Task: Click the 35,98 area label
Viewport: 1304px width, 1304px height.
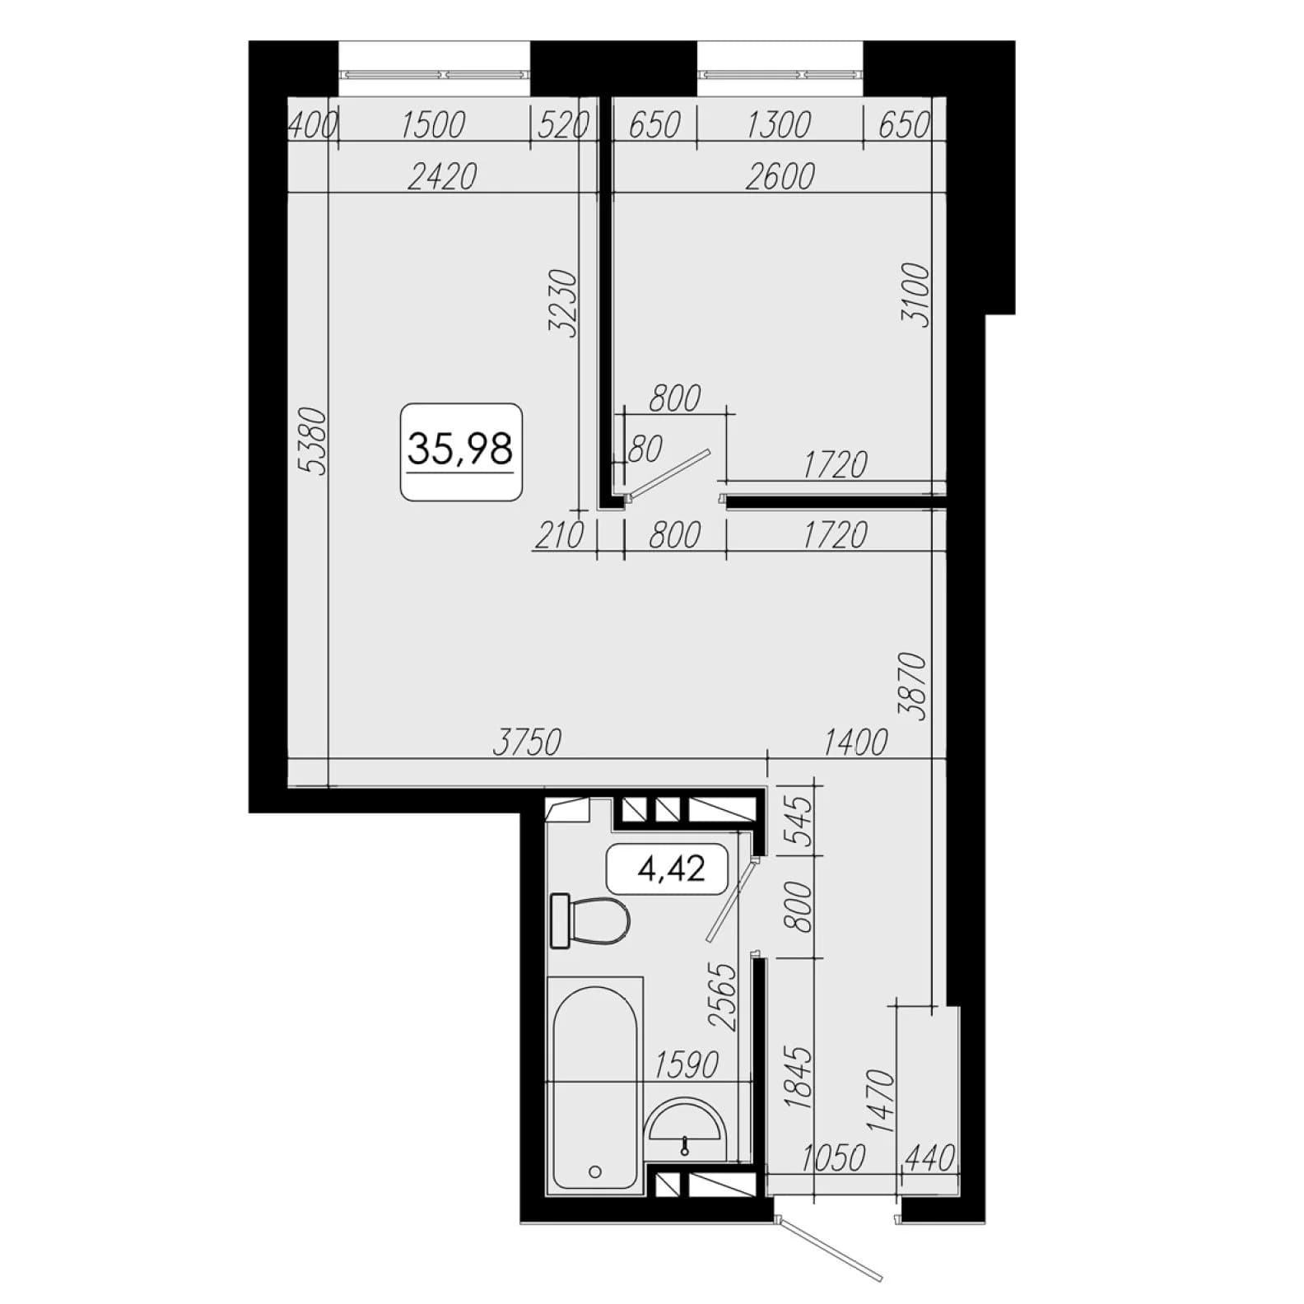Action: pos(460,449)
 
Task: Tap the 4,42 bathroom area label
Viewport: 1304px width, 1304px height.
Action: pos(671,868)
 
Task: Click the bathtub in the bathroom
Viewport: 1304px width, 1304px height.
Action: pos(595,1083)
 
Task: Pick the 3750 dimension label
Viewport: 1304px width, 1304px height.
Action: pos(527,743)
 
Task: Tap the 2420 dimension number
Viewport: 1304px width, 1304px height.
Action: pos(443,176)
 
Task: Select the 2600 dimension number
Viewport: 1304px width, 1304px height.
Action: pos(780,176)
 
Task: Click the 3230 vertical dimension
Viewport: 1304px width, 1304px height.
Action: pos(564,303)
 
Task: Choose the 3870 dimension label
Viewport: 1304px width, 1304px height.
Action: pos(915,686)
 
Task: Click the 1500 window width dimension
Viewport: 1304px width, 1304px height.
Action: pos(433,125)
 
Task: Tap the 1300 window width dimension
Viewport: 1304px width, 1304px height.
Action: pos(778,125)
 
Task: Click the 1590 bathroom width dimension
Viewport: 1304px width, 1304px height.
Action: pos(687,1064)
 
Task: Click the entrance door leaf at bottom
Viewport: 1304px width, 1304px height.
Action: pos(832,1251)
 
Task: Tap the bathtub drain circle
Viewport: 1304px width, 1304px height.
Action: pos(595,1171)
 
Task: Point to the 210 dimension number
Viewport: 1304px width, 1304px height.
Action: pos(560,536)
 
